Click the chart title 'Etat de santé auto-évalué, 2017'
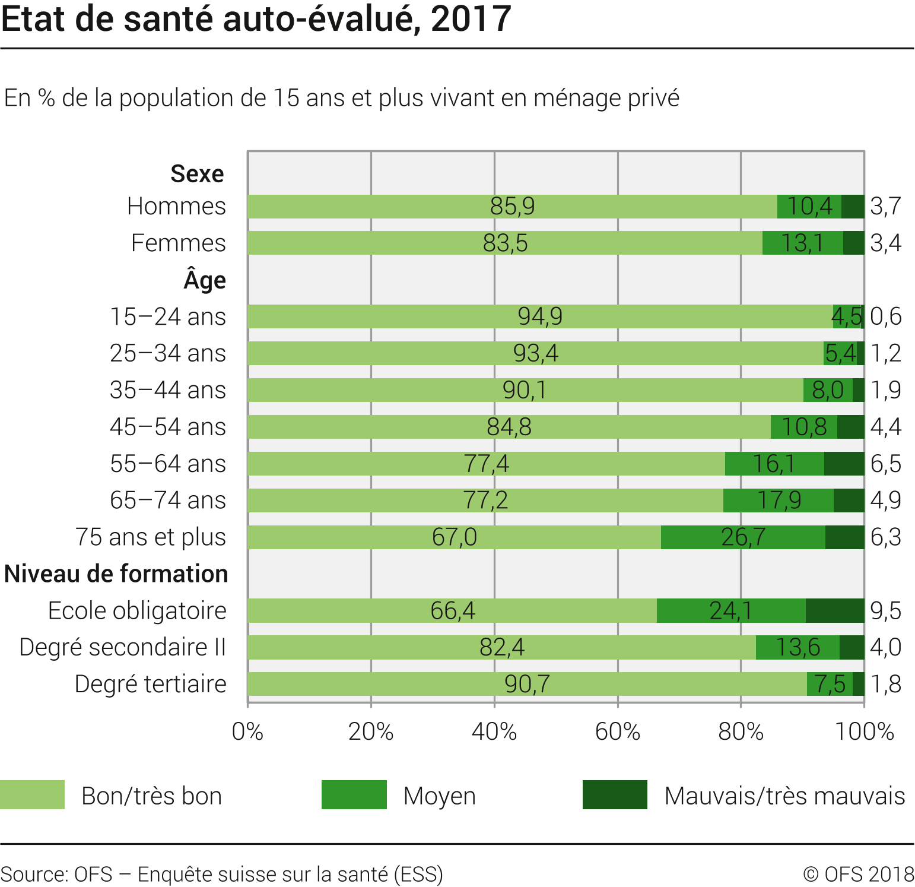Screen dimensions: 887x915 pyautogui.click(x=256, y=19)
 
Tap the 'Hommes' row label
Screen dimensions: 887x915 pyautogui.click(x=176, y=207)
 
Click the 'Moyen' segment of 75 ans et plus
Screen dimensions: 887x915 pyautogui.click(x=743, y=537)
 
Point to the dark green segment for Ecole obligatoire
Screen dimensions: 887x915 pyautogui.click(x=834, y=610)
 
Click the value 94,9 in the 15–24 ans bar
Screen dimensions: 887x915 pyautogui.click(x=540, y=316)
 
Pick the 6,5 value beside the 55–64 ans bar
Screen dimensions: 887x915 pyautogui.click(x=885, y=464)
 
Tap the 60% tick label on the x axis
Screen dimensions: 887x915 pyautogui.click(x=617, y=732)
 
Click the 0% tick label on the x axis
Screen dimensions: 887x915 pyautogui.click(x=247, y=732)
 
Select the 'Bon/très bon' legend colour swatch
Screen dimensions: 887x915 pyautogui.click(x=33, y=795)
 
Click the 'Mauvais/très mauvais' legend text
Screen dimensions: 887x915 pyautogui.click(x=784, y=796)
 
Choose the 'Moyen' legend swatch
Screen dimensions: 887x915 pyautogui.click(x=354, y=795)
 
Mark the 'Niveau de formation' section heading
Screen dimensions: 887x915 pyautogui.click(x=116, y=574)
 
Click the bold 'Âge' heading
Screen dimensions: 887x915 pyautogui.click(x=205, y=280)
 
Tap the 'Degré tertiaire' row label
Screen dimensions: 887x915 pyautogui.click(x=151, y=684)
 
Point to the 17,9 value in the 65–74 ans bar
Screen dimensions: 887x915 pyautogui.click(x=779, y=500)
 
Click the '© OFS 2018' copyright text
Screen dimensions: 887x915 pyautogui.click(x=858, y=875)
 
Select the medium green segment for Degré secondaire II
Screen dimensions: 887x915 pyautogui.click(x=798, y=647)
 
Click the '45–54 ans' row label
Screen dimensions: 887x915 pyautogui.click(x=168, y=427)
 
